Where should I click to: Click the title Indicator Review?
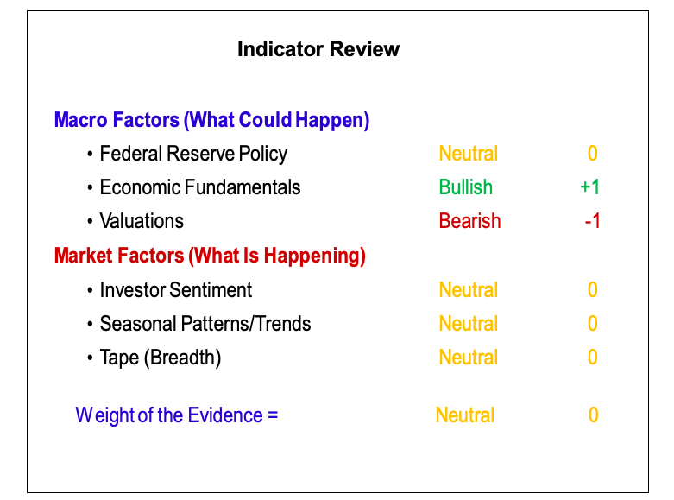318,49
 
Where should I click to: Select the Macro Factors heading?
212,120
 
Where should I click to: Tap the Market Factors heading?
210,256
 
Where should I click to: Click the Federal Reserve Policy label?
193,154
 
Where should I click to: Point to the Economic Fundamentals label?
200,187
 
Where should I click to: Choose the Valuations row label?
142,221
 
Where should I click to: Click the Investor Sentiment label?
176,289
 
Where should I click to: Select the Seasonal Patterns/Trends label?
205,324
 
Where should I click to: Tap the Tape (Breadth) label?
161,358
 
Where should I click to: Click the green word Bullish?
465,187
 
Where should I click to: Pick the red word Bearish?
469,221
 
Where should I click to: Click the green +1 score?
589,187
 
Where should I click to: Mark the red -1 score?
592,221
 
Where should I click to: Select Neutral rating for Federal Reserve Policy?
468,154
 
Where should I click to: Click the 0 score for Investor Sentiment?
593,289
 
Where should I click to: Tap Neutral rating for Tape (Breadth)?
468,358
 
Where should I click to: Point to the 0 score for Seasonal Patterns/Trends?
593,324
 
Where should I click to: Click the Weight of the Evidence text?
177,415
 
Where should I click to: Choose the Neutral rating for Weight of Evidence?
464,415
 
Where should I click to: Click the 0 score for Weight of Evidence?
593,415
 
